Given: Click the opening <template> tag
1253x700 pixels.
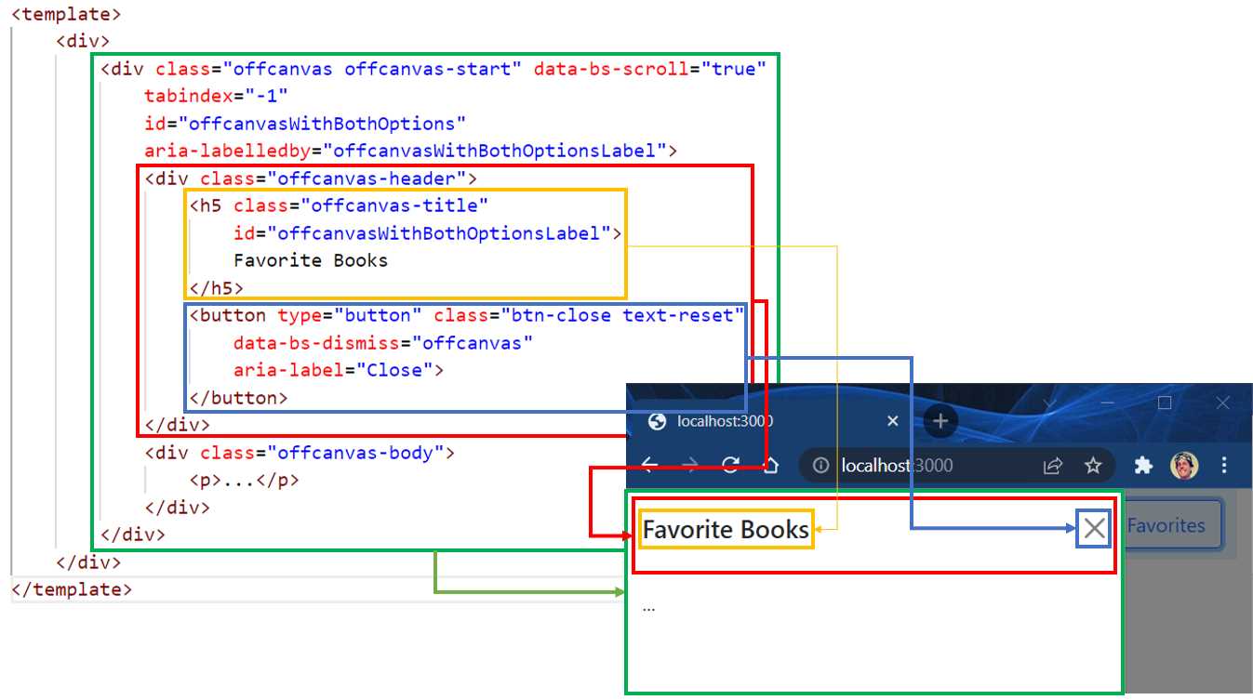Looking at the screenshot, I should point(66,15).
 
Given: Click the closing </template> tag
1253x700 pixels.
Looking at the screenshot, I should point(72,589).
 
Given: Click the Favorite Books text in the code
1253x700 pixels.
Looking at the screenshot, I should point(311,260).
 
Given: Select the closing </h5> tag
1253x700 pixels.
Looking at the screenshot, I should point(216,288).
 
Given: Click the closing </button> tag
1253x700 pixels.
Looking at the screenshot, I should point(238,398).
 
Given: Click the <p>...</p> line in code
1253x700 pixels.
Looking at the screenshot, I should point(245,481).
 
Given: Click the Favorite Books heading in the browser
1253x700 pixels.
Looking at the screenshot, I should point(726,530).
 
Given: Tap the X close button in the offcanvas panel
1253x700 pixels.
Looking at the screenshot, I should point(1095,529).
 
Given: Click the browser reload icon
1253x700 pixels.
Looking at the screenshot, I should point(731,466).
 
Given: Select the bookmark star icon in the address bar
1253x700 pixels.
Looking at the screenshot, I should point(1093,466).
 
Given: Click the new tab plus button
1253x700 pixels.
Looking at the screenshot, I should point(940,421).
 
